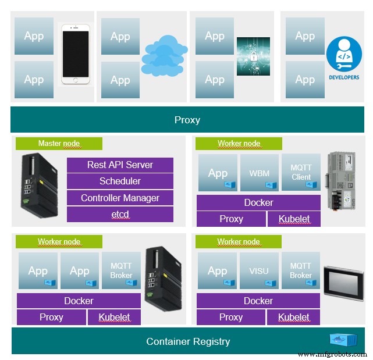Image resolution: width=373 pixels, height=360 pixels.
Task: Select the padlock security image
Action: point(253,56)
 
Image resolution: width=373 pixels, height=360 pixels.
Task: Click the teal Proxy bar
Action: point(187,120)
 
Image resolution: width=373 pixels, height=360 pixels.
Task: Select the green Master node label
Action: point(59,144)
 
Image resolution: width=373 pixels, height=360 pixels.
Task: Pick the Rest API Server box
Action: point(120,165)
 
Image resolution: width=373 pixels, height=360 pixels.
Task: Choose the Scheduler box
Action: point(120,181)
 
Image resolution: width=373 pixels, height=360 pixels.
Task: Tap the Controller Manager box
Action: point(120,198)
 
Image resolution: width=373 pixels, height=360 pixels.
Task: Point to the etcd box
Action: point(120,215)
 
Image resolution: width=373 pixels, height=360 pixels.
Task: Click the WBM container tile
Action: point(259,173)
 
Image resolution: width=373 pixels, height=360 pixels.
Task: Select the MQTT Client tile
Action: point(301,173)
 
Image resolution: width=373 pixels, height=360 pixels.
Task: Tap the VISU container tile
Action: point(259,271)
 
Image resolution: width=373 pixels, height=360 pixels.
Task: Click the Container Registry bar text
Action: point(188,341)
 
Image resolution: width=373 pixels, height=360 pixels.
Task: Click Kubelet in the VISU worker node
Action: point(294,317)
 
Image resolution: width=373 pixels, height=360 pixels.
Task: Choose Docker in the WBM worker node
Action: point(258,202)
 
